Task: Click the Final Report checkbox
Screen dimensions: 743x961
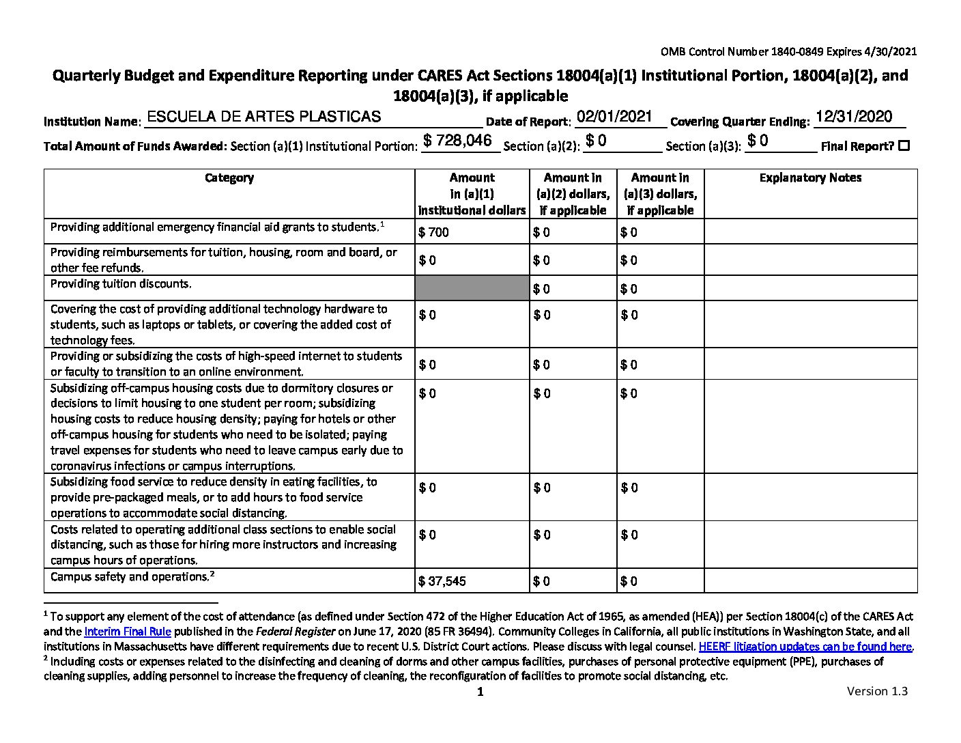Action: click(x=904, y=145)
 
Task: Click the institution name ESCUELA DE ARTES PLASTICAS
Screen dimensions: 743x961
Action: click(x=263, y=117)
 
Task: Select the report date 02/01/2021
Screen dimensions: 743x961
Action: click(x=614, y=117)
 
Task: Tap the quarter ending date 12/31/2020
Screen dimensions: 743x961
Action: click(x=853, y=117)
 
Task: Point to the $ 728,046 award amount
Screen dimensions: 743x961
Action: click(x=457, y=141)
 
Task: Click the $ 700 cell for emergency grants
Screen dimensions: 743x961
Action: click(x=434, y=232)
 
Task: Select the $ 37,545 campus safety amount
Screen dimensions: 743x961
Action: click(x=442, y=581)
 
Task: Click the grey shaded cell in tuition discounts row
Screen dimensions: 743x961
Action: click(x=472, y=288)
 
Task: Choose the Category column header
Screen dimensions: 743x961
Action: click(x=229, y=178)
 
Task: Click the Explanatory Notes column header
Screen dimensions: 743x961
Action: click(x=810, y=178)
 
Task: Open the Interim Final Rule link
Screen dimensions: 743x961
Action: click(x=128, y=632)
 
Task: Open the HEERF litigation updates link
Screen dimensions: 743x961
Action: click(x=805, y=647)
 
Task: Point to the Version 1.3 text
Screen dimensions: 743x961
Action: click(x=877, y=691)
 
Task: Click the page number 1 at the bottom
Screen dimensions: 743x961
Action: click(x=480, y=692)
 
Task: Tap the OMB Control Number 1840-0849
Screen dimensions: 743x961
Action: click(x=788, y=51)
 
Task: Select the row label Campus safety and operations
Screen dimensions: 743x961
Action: click(x=130, y=576)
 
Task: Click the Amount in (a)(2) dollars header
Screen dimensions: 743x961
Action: click(x=573, y=194)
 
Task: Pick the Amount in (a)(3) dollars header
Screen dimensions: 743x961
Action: click(x=660, y=194)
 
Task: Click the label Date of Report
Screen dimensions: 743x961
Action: click(x=528, y=122)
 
